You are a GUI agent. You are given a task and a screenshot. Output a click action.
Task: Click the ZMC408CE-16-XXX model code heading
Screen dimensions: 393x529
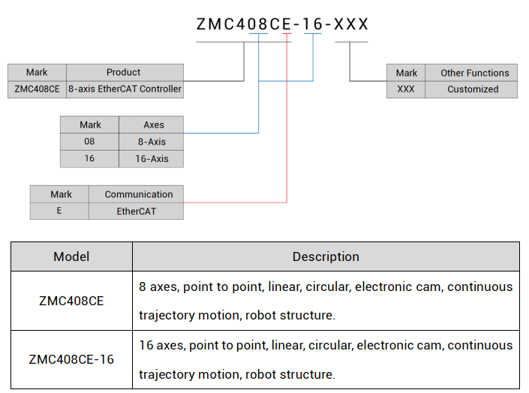click(282, 24)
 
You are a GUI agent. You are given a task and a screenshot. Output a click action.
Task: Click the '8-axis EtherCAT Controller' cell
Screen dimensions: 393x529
click(125, 88)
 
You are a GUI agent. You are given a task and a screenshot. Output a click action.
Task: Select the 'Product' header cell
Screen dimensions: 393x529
click(125, 73)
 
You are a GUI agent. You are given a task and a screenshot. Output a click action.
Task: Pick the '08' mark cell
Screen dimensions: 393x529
click(89, 142)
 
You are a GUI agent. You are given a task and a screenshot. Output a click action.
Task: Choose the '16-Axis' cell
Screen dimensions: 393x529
click(152, 158)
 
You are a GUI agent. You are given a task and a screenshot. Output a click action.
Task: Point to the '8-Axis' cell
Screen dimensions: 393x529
click(152, 142)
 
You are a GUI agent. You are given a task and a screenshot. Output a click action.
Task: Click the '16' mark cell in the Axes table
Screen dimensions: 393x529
click(89, 158)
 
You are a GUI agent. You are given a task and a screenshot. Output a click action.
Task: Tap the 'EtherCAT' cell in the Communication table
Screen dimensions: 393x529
click(136, 211)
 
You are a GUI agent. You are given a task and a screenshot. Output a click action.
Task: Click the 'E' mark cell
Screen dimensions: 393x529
click(59, 211)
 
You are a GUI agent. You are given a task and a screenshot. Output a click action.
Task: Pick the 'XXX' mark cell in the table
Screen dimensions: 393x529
click(406, 89)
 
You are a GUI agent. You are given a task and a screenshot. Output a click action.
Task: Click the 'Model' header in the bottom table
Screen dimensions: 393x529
click(71, 256)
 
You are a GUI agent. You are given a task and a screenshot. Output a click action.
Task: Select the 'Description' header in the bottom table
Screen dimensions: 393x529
click(326, 256)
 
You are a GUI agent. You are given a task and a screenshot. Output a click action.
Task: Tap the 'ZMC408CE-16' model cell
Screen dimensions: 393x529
click(71, 359)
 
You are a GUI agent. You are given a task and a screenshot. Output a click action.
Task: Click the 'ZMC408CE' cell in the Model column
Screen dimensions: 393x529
click(71, 301)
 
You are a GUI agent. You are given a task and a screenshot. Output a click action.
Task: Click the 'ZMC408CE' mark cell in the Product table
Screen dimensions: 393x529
click(37, 88)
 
